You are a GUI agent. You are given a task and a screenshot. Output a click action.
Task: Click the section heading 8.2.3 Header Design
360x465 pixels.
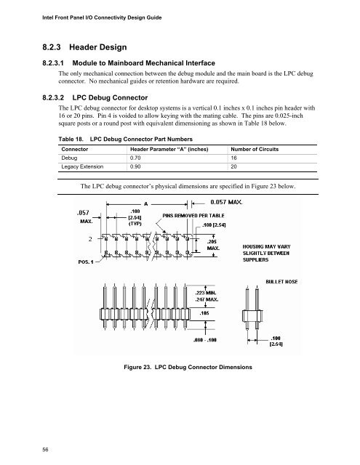[x=84, y=47]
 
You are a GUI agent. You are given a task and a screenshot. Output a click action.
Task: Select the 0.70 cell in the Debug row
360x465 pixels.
[x=135, y=158]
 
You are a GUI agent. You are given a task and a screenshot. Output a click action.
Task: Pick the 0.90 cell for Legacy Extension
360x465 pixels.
[x=135, y=166]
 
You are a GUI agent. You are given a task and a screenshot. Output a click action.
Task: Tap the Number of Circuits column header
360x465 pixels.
[x=255, y=149]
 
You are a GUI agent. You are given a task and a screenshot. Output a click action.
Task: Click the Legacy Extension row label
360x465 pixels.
[x=82, y=166]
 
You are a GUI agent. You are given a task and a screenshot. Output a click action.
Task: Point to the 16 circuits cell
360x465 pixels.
[x=234, y=158]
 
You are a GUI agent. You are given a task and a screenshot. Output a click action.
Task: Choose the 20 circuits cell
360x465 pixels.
[x=234, y=166]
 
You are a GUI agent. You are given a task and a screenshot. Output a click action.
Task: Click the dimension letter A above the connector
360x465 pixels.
[x=146, y=204]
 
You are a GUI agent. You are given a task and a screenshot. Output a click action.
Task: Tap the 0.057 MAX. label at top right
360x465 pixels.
[x=226, y=202]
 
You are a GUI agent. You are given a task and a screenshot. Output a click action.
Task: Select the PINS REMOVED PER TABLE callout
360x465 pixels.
[x=193, y=216]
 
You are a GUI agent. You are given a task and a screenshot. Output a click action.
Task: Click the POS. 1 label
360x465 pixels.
[x=86, y=262]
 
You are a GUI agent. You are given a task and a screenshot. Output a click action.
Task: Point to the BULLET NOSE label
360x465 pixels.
[x=281, y=282]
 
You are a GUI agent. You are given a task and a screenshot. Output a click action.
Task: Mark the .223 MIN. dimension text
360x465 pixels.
[x=206, y=293]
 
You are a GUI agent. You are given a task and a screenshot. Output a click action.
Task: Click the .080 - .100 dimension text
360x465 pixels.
[x=205, y=340]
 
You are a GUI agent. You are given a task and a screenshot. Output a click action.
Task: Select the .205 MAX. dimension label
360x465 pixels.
[x=213, y=245]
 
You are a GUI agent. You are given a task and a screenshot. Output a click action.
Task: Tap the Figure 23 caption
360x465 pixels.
[x=188, y=367]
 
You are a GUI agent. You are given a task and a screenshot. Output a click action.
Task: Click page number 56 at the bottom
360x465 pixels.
[x=45, y=450]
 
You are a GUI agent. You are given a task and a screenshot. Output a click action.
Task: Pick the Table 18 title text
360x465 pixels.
[x=125, y=139]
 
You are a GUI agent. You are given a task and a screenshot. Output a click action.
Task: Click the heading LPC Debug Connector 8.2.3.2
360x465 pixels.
[x=95, y=97]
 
